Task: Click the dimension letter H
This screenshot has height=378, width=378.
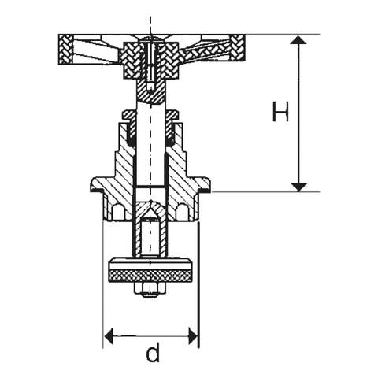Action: click(x=280, y=111)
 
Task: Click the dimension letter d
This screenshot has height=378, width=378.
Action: click(x=153, y=352)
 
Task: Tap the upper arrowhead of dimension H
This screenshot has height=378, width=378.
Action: click(x=298, y=40)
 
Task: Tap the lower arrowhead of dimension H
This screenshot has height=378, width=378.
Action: click(x=298, y=187)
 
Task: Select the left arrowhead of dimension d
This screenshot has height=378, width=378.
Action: click(x=109, y=335)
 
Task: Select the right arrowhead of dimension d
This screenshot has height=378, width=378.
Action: click(x=193, y=335)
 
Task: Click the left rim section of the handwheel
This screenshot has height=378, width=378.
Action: click(x=65, y=50)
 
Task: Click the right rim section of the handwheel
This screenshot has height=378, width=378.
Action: click(x=238, y=48)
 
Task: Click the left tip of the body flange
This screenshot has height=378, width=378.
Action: click(x=91, y=185)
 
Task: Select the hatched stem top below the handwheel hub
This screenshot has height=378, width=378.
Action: click(x=150, y=91)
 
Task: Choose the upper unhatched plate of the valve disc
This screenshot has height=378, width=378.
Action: click(x=151, y=264)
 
